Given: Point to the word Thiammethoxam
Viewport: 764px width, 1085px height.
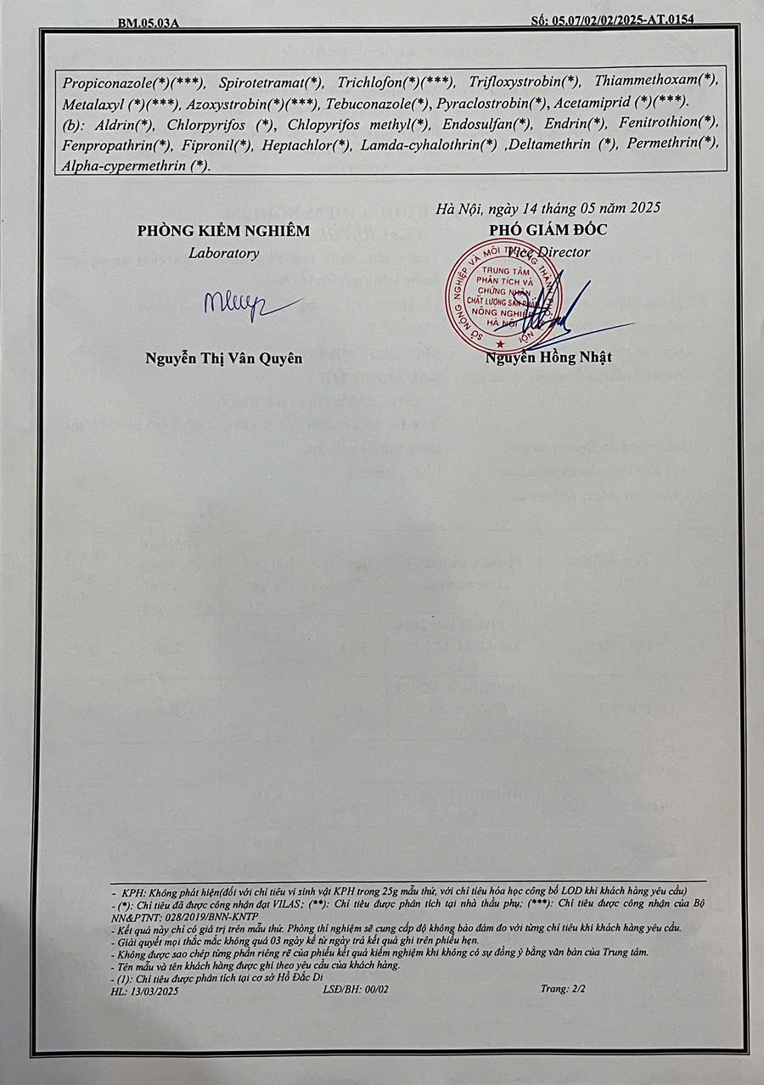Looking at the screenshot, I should (x=645, y=82).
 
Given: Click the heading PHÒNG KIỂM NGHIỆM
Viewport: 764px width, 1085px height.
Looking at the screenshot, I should (x=224, y=231).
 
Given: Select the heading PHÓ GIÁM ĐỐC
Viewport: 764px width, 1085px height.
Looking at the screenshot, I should (x=548, y=230).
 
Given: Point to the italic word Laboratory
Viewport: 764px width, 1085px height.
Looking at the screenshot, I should (x=224, y=253).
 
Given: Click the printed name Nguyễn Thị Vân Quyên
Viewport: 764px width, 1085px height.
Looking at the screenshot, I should (x=224, y=358).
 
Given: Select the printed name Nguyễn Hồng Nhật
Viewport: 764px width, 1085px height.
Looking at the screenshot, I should (x=548, y=357).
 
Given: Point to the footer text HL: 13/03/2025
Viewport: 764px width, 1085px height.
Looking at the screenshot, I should (x=144, y=990).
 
